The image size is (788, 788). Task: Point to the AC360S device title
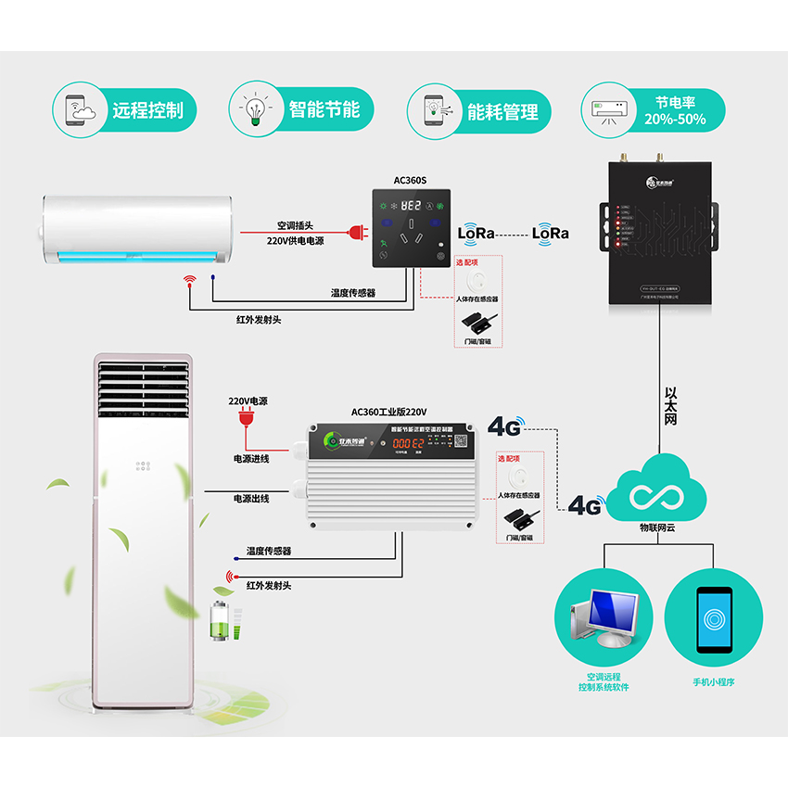pyautogui.click(x=410, y=182)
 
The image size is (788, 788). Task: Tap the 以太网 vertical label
pyautogui.click(x=672, y=406)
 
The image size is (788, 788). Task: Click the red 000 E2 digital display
pyautogui.click(x=407, y=444)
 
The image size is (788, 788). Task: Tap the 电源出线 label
pyautogui.click(x=251, y=499)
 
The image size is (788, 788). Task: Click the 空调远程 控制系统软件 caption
pyautogui.click(x=604, y=682)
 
